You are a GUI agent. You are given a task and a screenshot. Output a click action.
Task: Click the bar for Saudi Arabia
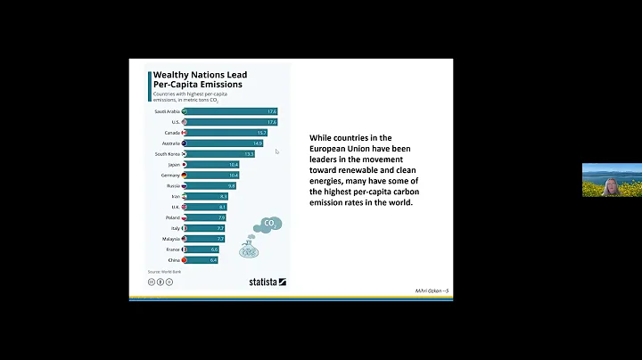click(x=232, y=111)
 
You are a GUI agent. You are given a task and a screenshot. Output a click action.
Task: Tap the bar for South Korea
click(x=221, y=153)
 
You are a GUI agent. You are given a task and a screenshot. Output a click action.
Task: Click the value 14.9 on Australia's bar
click(x=257, y=143)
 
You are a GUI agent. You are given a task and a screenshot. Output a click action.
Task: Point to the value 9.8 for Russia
click(x=231, y=185)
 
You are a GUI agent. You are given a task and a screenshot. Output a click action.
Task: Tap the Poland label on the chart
click(x=170, y=217)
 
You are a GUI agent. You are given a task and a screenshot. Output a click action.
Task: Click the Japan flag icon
click(x=185, y=165)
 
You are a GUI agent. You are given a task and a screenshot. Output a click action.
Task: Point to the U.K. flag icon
click(x=185, y=207)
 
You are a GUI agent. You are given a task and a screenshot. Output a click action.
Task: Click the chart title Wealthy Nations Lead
click(x=200, y=75)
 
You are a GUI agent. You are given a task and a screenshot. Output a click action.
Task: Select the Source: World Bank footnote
click(x=164, y=270)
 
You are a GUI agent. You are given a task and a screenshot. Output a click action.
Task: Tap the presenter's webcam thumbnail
click(x=612, y=179)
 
